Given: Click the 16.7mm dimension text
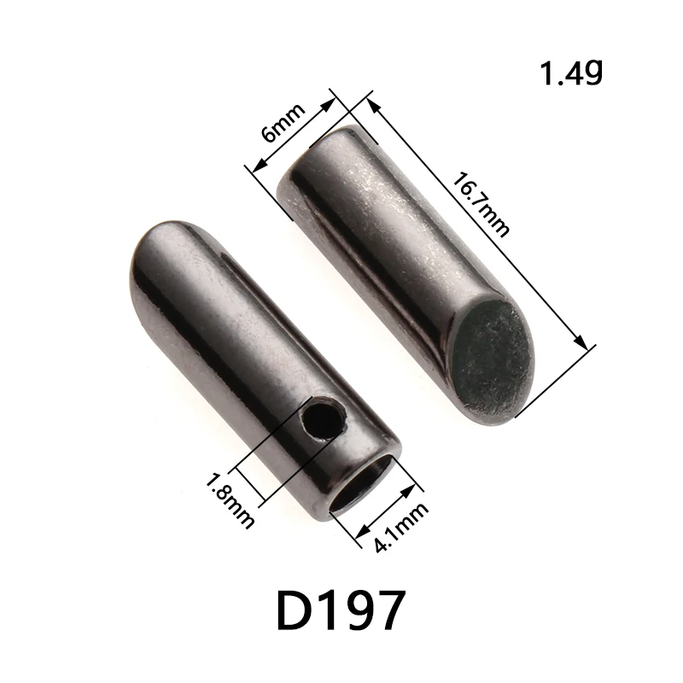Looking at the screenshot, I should coord(482,205).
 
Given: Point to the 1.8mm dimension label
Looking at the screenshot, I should coord(230,499).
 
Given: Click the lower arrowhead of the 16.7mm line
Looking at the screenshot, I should coord(583,343).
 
